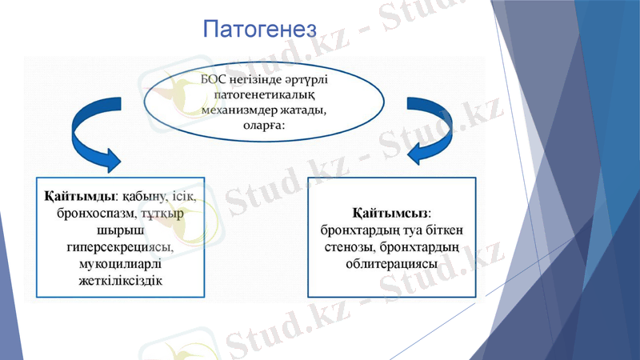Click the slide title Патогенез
[x=260, y=30]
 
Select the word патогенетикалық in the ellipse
[x=265, y=94]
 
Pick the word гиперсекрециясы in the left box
[x=120, y=247]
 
